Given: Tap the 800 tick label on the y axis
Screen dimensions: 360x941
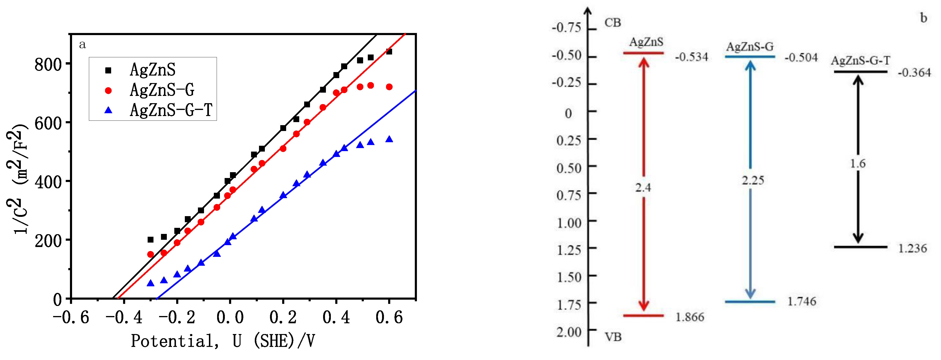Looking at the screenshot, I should tap(48, 65).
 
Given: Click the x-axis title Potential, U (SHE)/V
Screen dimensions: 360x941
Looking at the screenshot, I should tap(223, 341).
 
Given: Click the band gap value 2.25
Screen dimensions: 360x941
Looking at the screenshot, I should tap(752, 180).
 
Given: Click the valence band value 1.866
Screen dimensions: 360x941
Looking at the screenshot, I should tap(689, 317).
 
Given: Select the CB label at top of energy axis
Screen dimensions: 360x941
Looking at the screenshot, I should tap(613, 23).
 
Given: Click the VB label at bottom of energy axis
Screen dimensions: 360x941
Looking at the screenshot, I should tap(613, 337).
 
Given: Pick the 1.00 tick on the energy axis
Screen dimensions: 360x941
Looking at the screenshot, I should tap(569, 223).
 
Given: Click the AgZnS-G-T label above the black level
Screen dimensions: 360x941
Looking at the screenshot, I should tap(860, 60).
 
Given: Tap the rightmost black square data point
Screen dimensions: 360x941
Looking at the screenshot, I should tap(389, 51).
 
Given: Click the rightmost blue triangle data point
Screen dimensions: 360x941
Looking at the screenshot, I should tap(389, 139).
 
